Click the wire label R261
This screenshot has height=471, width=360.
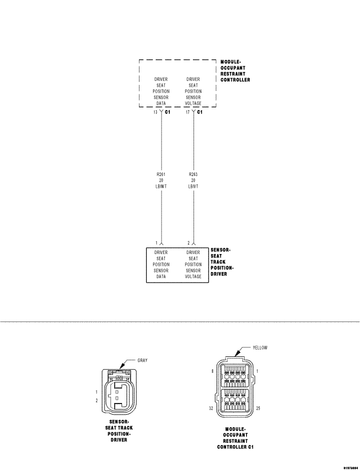(x=161, y=174)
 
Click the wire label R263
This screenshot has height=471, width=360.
(x=193, y=174)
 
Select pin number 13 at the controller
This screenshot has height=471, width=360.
(x=155, y=112)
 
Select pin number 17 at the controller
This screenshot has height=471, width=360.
(x=188, y=112)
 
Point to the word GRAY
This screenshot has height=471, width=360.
(x=142, y=360)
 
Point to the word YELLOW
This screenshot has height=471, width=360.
(x=260, y=347)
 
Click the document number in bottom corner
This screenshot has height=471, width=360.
(x=348, y=467)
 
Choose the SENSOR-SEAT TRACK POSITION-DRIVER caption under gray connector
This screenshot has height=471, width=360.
(x=119, y=431)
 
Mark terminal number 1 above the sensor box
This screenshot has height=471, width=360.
(x=157, y=243)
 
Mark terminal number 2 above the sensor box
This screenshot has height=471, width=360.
(x=188, y=243)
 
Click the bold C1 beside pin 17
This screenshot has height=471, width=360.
(x=200, y=112)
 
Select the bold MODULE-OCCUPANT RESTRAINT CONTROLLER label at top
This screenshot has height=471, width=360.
(x=235, y=70)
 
